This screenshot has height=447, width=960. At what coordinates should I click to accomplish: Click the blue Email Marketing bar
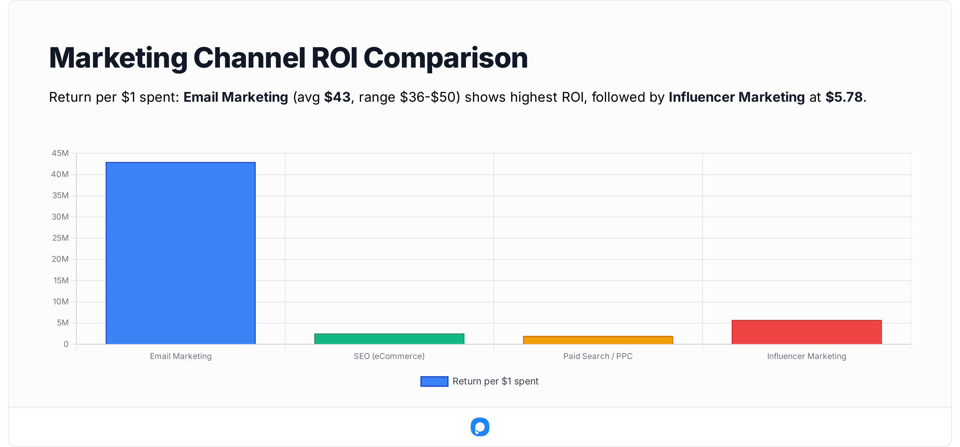(181, 253)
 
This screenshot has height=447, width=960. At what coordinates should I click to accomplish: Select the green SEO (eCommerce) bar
(389, 339)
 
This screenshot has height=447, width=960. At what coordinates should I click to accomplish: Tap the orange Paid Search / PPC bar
(598, 340)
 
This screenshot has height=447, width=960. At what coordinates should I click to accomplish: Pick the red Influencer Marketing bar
(806, 332)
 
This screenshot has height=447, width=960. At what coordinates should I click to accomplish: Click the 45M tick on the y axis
(60, 153)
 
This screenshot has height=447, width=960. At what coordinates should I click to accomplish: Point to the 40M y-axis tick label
(60, 174)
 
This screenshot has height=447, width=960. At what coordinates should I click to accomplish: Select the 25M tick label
(60, 238)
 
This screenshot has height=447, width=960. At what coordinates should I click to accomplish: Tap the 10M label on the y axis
(60, 302)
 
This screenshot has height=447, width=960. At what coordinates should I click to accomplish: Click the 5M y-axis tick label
(63, 323)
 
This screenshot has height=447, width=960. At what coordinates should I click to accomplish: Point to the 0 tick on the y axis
(66, 344)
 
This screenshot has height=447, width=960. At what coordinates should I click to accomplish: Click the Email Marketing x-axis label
(181, 356)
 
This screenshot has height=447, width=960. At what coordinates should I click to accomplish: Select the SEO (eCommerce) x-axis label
(389, 356)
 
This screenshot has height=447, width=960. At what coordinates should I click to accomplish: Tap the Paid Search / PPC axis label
(598, 356)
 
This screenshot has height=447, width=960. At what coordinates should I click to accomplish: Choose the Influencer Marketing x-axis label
(806, 356)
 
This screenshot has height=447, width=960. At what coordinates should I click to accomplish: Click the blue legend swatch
(434, 381)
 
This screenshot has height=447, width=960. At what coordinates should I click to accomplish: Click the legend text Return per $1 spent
(495, 381)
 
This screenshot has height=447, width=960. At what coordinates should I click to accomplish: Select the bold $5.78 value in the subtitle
(844, 97)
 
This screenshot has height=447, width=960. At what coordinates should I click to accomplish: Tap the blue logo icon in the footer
(480, 427)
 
